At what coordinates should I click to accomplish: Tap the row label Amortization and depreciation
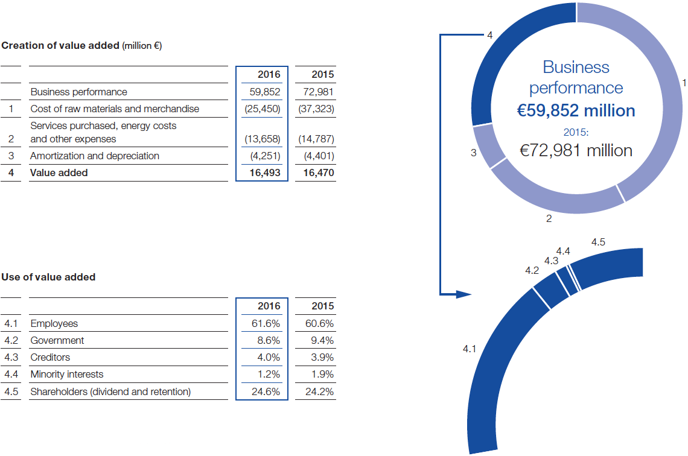pyautogui.click(x=95, y=156)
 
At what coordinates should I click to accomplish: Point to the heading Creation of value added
pyautogui.click(x=60, y=46)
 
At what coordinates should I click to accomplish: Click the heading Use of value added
pyautogui.click(x=48, y=277)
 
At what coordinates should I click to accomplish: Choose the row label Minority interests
pyautogui.click(x=66, y=375)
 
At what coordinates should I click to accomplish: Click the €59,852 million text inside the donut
pyautogui.click(x=576, y=111)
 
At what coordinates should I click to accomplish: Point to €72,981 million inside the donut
pyautogui.click(x=576, y=150)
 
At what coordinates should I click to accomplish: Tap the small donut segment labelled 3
pyautogui.click(x=489, y=145)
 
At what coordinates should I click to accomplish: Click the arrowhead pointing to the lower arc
pyautogui.click(x=463, y=295)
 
